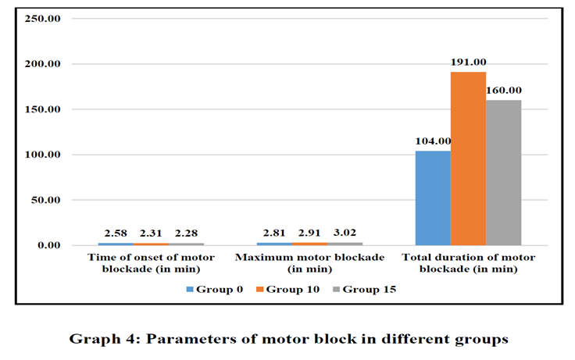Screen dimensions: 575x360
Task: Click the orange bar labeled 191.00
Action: tap(468, 159)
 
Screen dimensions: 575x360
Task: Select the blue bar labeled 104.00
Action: tap(433, 198)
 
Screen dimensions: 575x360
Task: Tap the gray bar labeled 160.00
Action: tap(503, 173)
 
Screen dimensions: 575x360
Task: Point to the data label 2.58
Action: tap(116, 233)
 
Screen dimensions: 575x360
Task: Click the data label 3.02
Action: tap(345, 233)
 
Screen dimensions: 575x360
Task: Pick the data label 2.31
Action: tap(151, 233)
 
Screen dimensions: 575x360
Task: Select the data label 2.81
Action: tap(274, 233)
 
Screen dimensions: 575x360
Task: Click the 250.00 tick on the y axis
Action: tap(42, 18)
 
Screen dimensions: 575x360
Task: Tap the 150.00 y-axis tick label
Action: tap(42, 109)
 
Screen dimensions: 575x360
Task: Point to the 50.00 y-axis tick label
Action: tap(45, 200)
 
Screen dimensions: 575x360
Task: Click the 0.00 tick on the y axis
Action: tap(48, 245)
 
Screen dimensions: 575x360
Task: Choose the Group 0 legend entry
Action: tap(215, 289)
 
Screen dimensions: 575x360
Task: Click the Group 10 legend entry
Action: tap(287, 289)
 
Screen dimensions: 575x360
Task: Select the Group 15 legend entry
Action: tap(365, 289)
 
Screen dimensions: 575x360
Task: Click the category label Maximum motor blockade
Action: tap(310, 263)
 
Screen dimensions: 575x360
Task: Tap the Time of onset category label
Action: tap(151, 263)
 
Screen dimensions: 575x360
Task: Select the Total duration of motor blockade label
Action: tap(469, 263)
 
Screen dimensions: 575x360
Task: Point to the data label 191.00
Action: tap(468, 62)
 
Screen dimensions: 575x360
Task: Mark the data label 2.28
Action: tap(186, 233)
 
